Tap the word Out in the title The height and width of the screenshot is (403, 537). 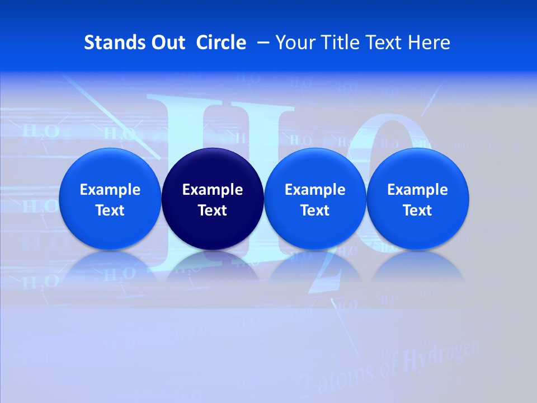tap(166, 43)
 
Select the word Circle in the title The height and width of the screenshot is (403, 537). tap(221, 43)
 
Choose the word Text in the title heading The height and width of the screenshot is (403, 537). tap(384, 43)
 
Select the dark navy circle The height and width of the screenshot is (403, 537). tap(213, 199)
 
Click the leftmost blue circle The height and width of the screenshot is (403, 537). tap(110, 199)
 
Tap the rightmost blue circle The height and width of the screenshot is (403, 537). tap(418, 199)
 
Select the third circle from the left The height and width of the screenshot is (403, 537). tap(315, 199)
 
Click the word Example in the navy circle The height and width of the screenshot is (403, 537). tap(213, 190)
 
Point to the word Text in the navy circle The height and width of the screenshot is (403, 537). tap(213, 210)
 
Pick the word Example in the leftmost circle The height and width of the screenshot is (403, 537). tap(110, 190)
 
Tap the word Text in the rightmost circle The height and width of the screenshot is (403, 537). tap(418, 210)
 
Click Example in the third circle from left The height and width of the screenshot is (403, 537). tap(315, 190)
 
